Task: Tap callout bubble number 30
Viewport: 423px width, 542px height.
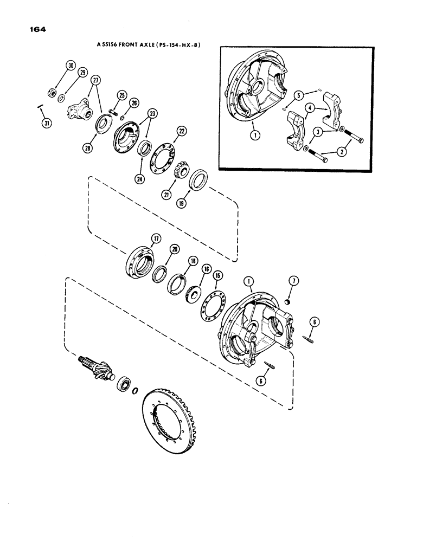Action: pyautogui.click(x=70, y=66)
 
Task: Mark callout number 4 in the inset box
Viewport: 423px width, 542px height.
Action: pyautogui.click(x=307, y=108)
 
